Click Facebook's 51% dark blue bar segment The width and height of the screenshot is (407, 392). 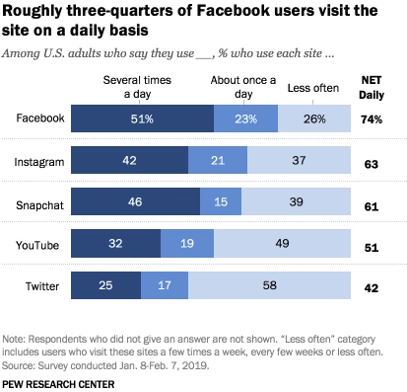[142, 118]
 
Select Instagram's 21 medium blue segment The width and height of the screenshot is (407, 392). [218, 160]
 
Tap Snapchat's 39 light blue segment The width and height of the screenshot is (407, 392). [296, 201]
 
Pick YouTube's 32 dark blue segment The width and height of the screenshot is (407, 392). [115, 243]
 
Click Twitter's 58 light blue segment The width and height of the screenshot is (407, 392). [269, 285]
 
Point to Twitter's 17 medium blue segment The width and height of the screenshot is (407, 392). [165, 285]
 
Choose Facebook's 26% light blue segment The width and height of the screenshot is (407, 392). [314, 118]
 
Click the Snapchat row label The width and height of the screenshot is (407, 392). [39, 205]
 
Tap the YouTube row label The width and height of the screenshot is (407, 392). [37, 245]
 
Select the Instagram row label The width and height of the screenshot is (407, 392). [39, 162]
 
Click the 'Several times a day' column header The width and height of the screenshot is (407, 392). [137, 87]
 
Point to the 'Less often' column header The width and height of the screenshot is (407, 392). [313, 88]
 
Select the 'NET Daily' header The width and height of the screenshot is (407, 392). [372, 88]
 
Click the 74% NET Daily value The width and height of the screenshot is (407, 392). [372, 119]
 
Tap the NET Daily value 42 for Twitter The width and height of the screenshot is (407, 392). [372, 288]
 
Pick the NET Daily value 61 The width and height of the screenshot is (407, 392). [372, 206]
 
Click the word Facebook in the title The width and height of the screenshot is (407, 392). [233, 11]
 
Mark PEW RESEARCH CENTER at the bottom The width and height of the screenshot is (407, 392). [58, 384]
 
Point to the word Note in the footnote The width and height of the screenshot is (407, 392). [14, 339]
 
